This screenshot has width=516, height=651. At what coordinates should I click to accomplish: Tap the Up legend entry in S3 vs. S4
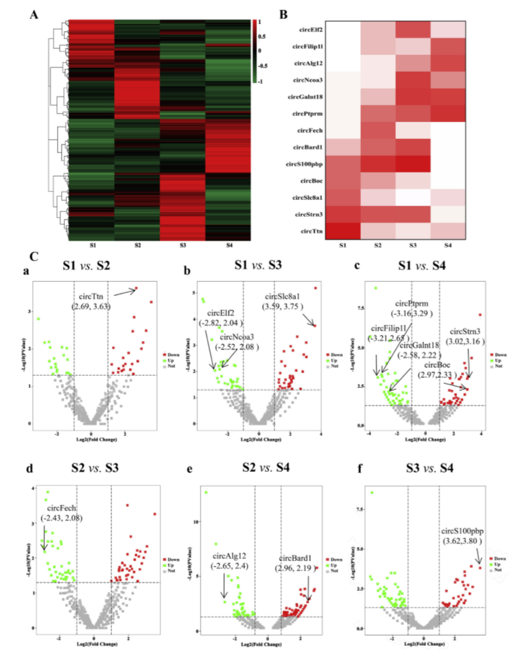497,565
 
